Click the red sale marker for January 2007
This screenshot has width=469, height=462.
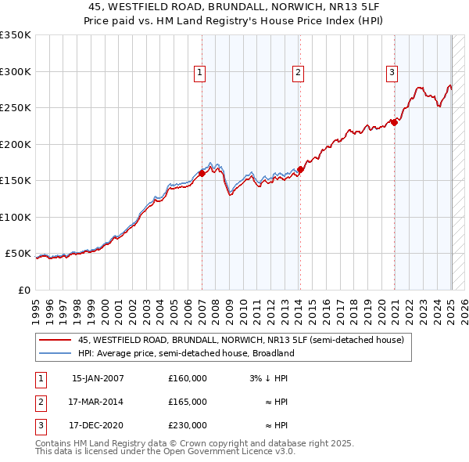coord(202,174)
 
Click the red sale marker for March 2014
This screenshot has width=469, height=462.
coord(300,170)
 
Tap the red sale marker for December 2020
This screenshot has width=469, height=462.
coord(395,122)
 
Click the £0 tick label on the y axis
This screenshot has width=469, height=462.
coord(23,290)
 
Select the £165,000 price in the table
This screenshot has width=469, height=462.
coord(188,402)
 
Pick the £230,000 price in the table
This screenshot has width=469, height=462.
coord(188,425)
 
